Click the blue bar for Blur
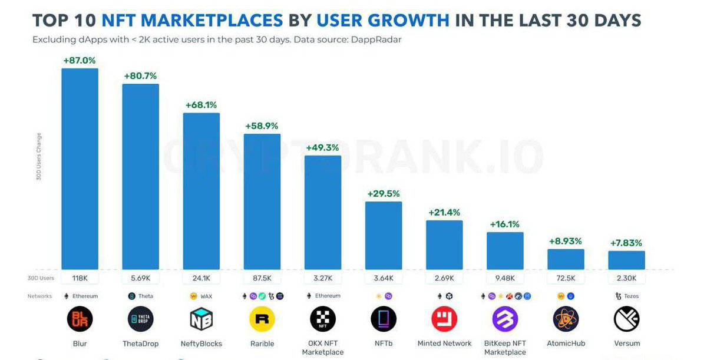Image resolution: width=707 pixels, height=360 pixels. (x=80, y=169)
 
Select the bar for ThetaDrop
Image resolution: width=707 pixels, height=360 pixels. (x=140, y=176)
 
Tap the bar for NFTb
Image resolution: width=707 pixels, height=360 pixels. (x=384, y=235)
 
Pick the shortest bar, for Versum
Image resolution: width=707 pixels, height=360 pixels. (x=626, y=260)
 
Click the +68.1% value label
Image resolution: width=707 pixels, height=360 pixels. (x=201, y=105)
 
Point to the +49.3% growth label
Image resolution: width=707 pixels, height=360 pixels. (x=322, y=147)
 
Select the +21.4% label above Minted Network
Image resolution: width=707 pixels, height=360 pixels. (x=444, y=212)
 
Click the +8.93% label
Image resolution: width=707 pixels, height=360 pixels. (x=566, y=241)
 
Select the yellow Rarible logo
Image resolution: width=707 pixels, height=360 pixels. (x=262, y=319)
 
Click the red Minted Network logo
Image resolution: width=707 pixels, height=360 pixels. (x=444, y=319)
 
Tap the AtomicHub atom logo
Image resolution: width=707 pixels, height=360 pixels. (x=566, y=319)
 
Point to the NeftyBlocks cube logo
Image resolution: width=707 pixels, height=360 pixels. (x=201, y=319)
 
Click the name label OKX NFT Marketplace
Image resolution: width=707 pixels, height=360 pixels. (x=322, y=348)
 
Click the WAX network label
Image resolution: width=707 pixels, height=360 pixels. (x=206, y=296)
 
